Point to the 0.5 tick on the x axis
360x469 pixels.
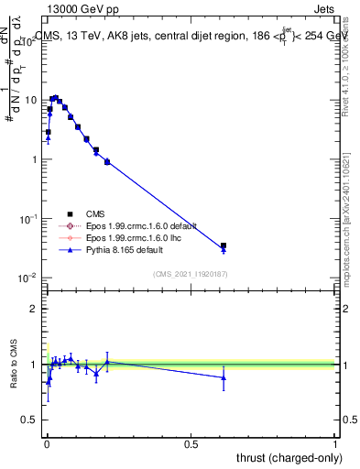click(x=191, y=443)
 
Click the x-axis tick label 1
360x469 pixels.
click(x=335, y=443)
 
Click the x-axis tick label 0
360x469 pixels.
click(x=46, y=443)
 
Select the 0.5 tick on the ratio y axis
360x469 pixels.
click(x=29, y=421)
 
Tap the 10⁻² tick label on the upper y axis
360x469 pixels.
click(x=27, y=278)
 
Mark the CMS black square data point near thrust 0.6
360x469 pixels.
click(x=224, y=245)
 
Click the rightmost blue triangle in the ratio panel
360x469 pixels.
click(x=224, y=377)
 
